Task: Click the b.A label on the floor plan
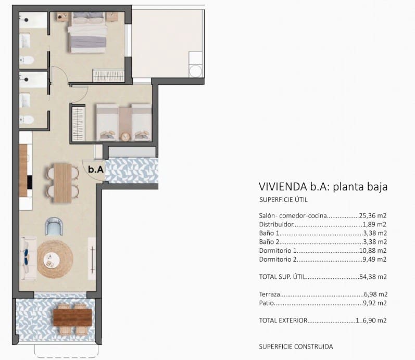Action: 95,169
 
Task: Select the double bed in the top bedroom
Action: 87,32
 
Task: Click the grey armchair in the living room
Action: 54,226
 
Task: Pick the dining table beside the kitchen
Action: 61,183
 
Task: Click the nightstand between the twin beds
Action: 125,137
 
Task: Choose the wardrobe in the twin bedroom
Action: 78,123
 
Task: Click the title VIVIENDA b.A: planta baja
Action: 323,187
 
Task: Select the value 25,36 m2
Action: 373,215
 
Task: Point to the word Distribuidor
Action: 276,225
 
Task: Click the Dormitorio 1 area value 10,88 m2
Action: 373,251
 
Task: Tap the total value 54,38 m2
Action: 373,277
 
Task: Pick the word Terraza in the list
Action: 269,294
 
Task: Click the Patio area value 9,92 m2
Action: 374,303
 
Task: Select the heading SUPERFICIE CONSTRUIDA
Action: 295,346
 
